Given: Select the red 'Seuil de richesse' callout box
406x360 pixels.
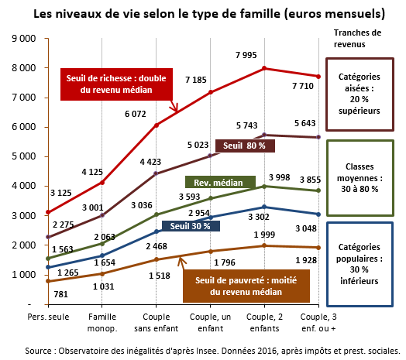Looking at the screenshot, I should [x=115, y=84].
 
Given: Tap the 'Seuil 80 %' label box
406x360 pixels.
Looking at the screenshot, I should [x=244, y=145].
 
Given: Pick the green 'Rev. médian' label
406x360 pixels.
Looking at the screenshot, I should [x=219, y=183].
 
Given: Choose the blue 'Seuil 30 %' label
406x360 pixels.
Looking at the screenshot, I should [x=191, y=225].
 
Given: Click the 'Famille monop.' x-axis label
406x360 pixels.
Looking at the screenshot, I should [x=102, y=323].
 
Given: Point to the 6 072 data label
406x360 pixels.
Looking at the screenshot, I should [x=139, y=113].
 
